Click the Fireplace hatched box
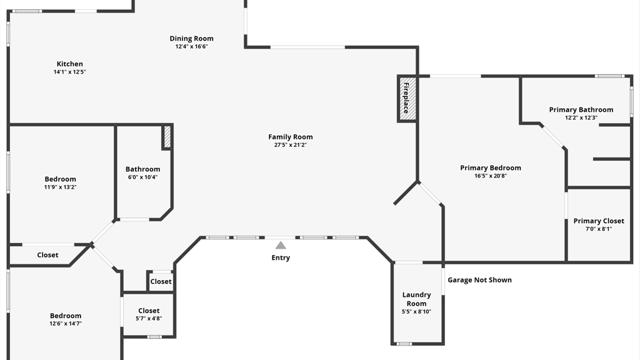407,99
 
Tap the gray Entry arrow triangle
281,246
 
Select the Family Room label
291,137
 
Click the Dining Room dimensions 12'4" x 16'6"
191,46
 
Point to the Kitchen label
70,64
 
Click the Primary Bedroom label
491,167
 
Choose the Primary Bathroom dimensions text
581,117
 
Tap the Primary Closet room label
599,221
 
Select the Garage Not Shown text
479,280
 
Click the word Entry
281,257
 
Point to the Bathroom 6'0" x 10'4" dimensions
142,177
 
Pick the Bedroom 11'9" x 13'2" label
60,179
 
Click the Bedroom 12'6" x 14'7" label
66,316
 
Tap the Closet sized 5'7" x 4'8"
149,311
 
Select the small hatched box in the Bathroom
167,137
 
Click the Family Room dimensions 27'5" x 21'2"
291,145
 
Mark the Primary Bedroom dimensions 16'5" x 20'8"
491,176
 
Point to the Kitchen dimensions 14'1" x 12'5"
70,72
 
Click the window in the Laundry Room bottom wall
404,343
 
